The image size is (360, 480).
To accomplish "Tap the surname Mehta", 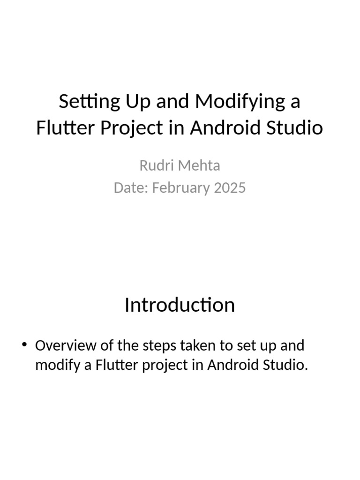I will click(x=199, y=165).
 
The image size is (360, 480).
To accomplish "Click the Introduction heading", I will click(x=180, y=305).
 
